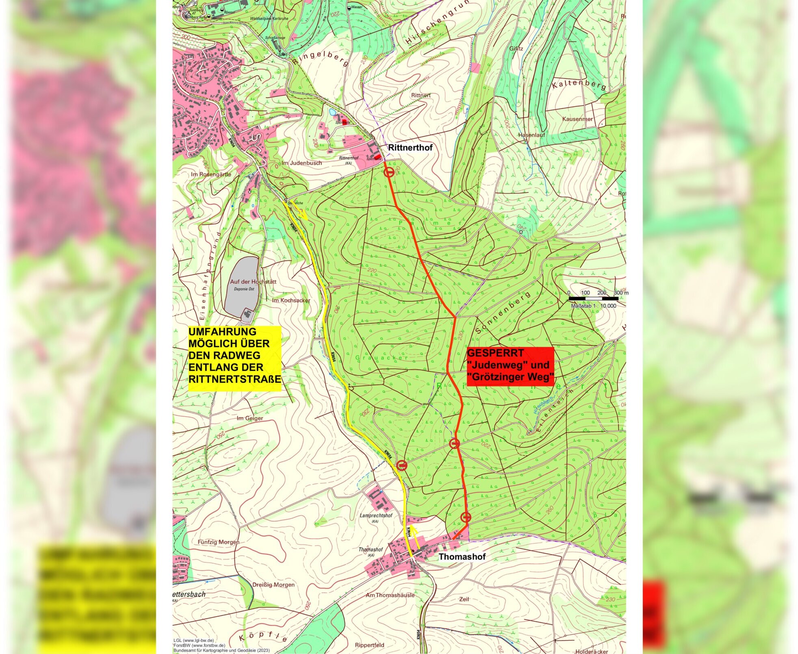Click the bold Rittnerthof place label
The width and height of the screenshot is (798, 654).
coord(410,148)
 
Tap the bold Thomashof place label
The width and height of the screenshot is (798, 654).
coord(462,556)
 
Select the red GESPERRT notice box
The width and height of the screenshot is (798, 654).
coord(510,366)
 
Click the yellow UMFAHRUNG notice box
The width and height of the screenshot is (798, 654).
coord(234,358)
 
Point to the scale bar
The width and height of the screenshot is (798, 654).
coord(593,299)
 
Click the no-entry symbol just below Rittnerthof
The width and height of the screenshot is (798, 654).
coord(389,172)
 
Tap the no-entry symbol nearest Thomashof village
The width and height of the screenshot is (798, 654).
coord(466,517)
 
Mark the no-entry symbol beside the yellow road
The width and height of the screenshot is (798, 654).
coord(401,465)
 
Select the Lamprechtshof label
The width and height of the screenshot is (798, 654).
coord(376,515)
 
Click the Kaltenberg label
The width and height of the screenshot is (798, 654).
coord(579,85)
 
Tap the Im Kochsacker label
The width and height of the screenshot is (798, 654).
coord(291,300)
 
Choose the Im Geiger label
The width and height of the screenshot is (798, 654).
coord(249,418)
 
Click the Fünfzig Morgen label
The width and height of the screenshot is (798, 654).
coord(218,542)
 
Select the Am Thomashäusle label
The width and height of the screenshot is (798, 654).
coord(390,595)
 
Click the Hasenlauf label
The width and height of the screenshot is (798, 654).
coord(531,135)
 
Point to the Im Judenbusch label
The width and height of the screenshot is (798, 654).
coord(301,163)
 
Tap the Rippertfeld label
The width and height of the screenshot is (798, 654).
coord(369,645)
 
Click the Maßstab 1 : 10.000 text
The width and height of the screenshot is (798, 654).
coord(593,306)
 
